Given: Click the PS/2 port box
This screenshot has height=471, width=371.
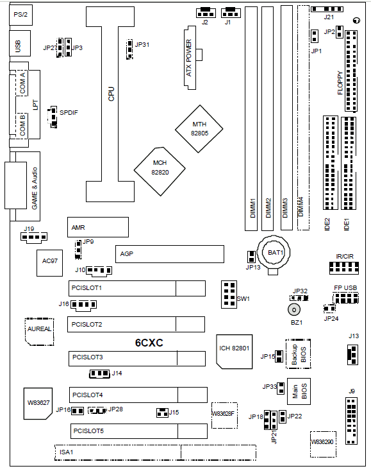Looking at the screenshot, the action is pyautogui.click(x=21, y=14).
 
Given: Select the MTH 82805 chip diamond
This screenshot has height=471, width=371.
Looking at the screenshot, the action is pyautogui.click(x=199, y=129).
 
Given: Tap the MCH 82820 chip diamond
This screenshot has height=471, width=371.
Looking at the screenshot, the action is pyautogui.click(x=160, y=171).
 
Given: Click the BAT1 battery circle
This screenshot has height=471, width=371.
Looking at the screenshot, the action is pyautogui.click(x=275, y=252).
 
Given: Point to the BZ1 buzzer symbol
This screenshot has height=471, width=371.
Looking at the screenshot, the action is pyautogui.click(x=294, y=310).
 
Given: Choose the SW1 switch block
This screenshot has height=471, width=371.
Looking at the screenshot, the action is pyautogui.click(x=229, y=295).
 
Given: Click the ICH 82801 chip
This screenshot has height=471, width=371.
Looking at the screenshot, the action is pyautogui.click(x=235, y=352).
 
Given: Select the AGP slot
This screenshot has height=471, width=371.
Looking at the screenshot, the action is pyautogui.click(x=170, y=254).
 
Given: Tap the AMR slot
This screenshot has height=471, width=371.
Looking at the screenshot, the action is pyautogui.click(x=98, y=227).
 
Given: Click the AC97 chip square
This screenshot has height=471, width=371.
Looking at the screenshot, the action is pyautogui.click(x=50, y=263).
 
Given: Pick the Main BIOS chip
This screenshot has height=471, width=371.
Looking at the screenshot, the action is pyautogui.click(x=299, y=391).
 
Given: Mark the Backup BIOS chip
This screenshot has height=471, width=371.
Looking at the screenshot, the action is pyautogui.click(x=298, y=354).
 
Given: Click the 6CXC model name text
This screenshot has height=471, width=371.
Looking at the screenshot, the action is pyautogui.click(x=149, y=343).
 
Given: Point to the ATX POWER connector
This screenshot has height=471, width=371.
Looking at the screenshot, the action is pyautogui.click(x=190, y=58).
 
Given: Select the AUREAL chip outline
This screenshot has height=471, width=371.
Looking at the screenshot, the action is pyautogui.click(x=39, y=332).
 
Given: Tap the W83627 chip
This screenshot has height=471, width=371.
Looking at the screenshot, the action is pyautogui.click(x=38, y=404).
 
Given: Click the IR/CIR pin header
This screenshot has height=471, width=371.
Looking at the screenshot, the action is pyautogui.click(x=344, y=268).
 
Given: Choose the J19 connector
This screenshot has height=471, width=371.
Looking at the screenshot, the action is pyautogui.click(x=34, y=237).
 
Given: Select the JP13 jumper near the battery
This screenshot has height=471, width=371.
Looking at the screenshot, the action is pyautogui.click(x=251, y=257).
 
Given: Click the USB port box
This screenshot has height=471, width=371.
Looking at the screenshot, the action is pyautogui.click(x=20, y=43).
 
